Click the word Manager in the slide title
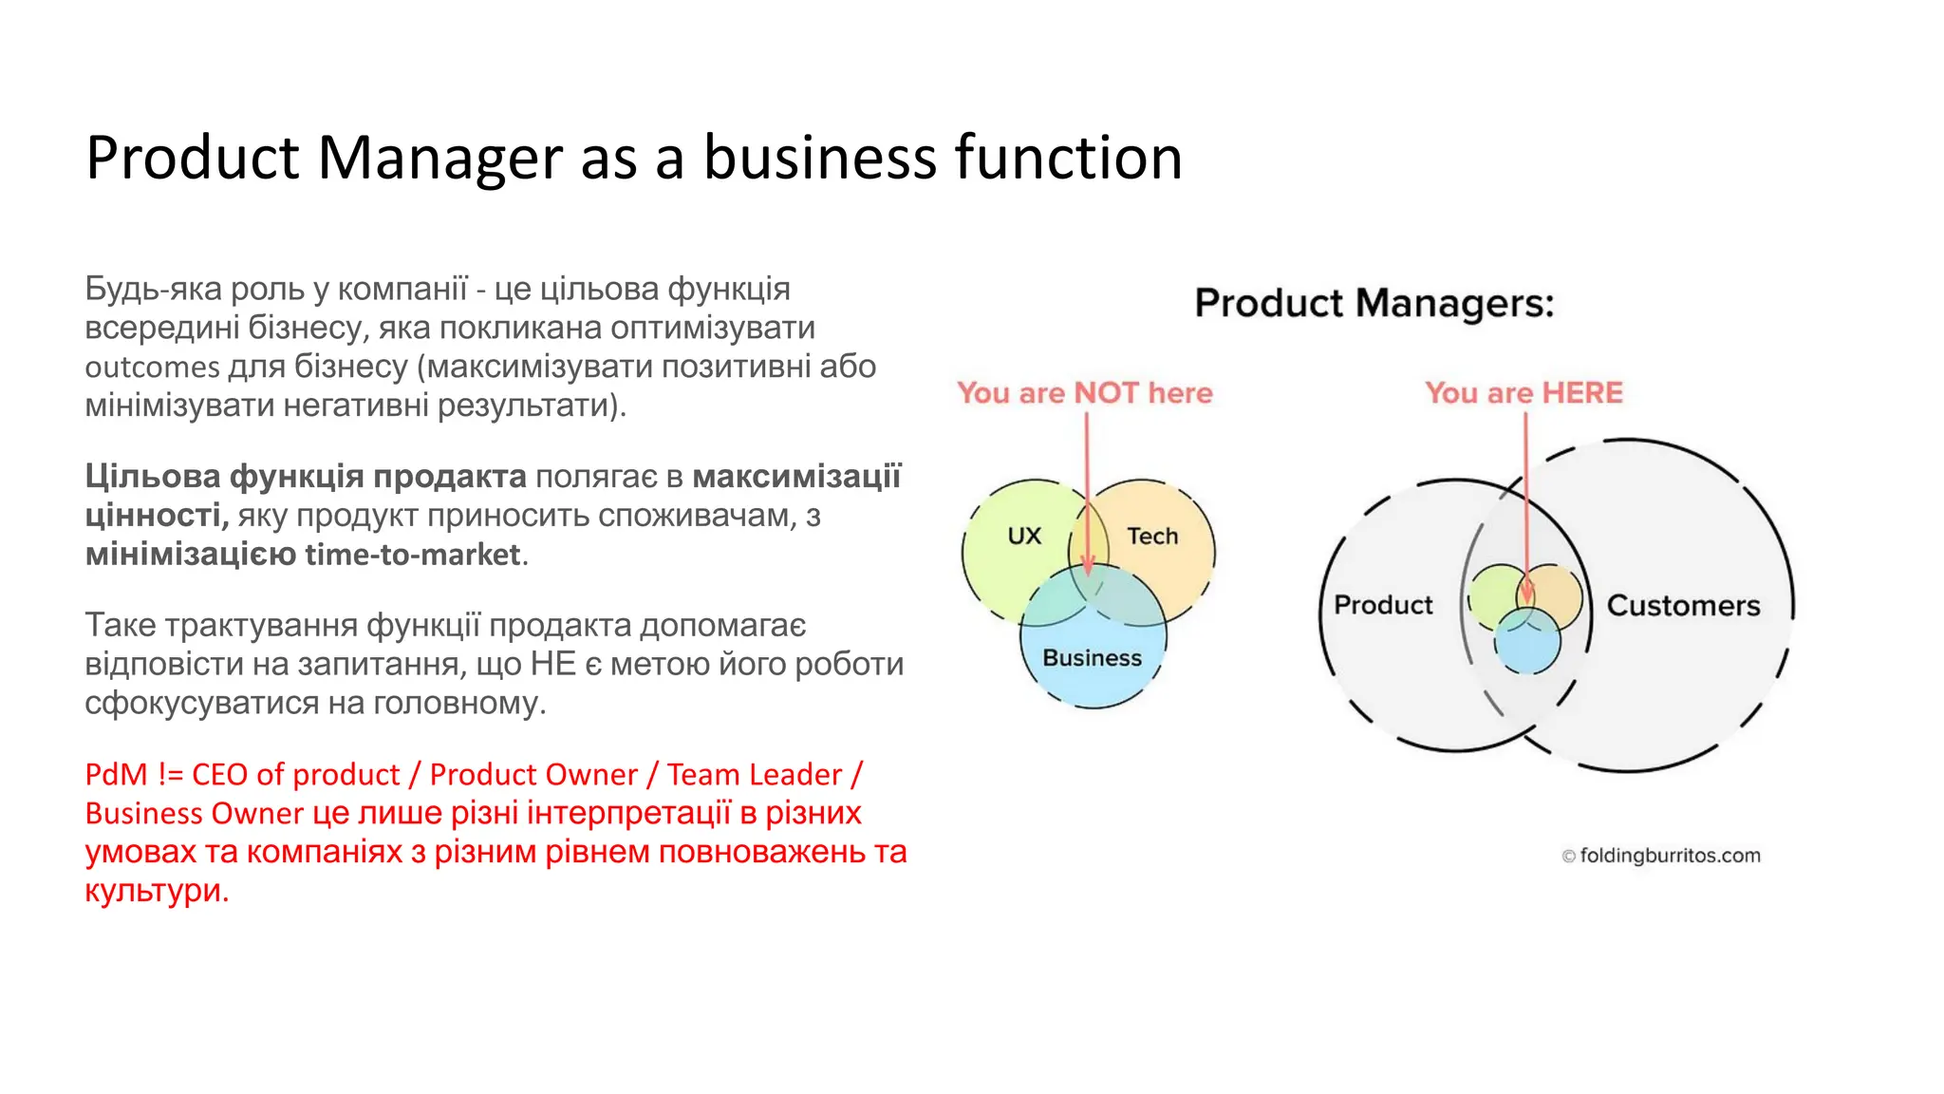[x=439, y=158]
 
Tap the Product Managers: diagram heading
[x=1374, y=304]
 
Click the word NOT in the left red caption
[x=1106, y=393]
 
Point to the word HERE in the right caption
[x=1582, y=393]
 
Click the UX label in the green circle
[x=1024, y=537]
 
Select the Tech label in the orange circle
[x=1152, y=537]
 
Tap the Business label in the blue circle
[x=1092, y=658]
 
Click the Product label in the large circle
[x=1383, y=605]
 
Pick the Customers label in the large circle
[x=1683, y=606]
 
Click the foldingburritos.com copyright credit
[x=1661, y=856]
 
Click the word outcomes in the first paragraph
[x=152, y=368]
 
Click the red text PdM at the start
[x=116, y=775]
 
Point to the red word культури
[x=156, y=891]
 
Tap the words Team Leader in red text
[x=754, y=775]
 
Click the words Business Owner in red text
[x=194, y=814]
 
